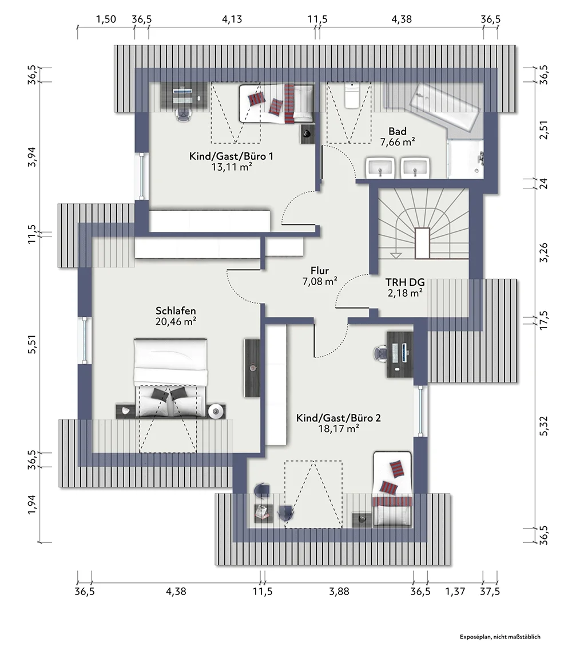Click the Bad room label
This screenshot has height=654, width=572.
(x=397, y=131)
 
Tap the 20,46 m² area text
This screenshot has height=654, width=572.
(x=176, y=322)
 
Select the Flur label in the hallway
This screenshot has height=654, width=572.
(x=320, y=271)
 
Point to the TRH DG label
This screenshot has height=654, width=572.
(x=405, y=282)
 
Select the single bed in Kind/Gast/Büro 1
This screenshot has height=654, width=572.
(x=276, y=104)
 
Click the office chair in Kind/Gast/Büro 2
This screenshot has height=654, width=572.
(x=382, y=354)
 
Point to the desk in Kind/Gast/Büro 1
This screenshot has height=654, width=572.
(x=184, y=96)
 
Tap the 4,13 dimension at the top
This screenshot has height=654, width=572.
(x=232, y=19)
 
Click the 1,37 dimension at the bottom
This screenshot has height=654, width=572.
(x=455, y=591)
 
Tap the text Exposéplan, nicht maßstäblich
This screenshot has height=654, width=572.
(x=500, y=637)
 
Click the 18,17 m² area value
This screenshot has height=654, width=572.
(x=338, y=429)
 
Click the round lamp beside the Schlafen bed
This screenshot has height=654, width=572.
(x=216, y=411)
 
